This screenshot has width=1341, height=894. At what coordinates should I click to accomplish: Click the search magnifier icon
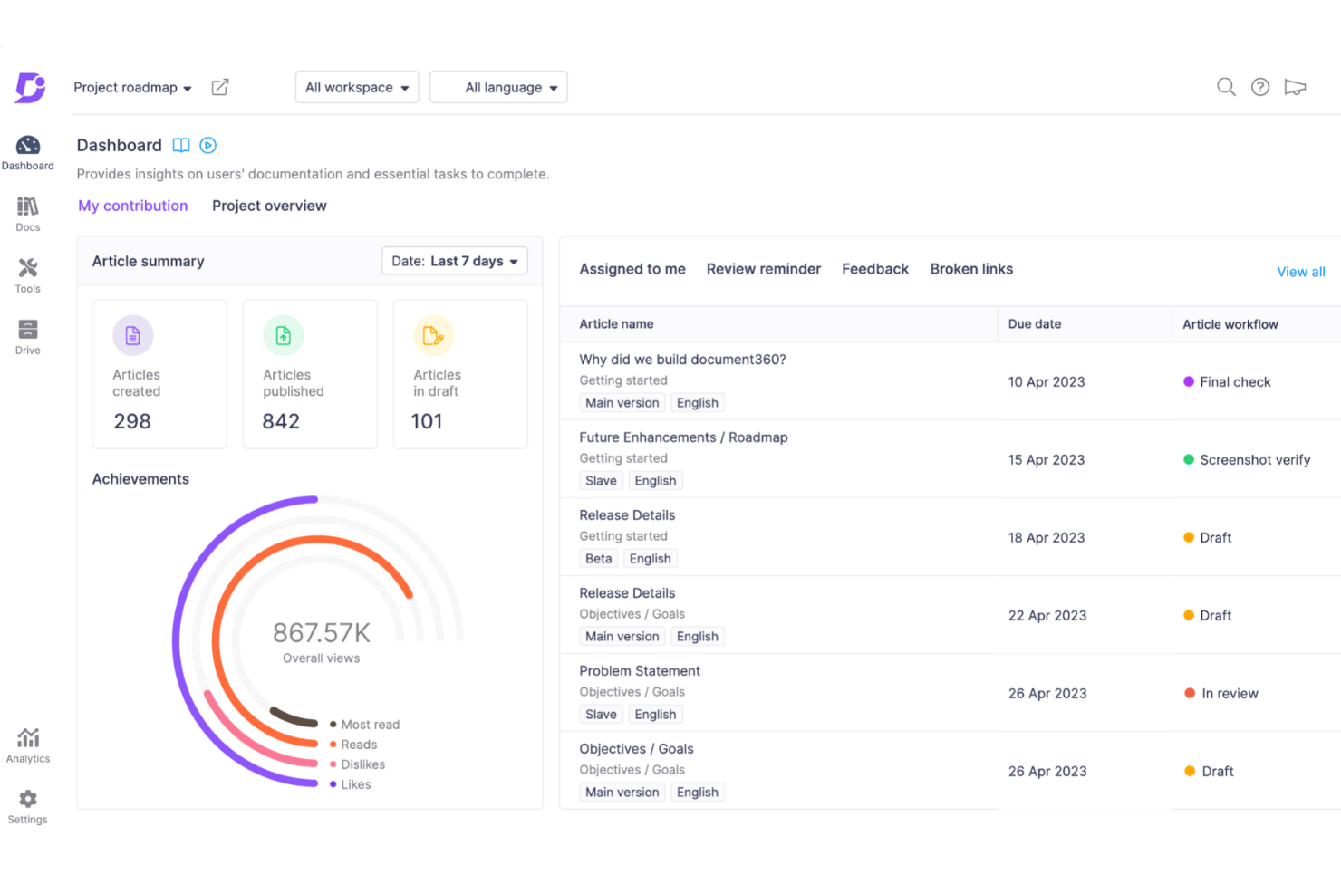coord(1226,87)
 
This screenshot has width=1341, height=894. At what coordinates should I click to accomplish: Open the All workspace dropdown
coord(357,88)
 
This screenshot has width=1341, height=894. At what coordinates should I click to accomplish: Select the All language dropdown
coord(498,88)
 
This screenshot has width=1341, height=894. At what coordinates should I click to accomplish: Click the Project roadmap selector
coord(132,88)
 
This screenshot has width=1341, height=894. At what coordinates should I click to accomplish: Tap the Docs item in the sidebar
coord(28,214)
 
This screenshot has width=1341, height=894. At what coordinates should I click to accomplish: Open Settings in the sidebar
coord(28,805)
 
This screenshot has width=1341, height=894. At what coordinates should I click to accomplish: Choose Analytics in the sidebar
coord(28,745)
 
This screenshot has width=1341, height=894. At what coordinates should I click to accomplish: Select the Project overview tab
coord(269,206)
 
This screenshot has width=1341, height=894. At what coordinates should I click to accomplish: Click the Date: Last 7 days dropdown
coord(454,261)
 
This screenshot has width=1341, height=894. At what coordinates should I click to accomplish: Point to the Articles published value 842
coord(281,421)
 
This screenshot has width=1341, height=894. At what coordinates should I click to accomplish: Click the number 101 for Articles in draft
coord(427,421)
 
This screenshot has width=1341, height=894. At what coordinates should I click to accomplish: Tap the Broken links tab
coord(971,269)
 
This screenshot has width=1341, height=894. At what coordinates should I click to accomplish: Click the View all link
coord(1300,272)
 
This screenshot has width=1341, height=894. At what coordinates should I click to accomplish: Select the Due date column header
coord(1035,324)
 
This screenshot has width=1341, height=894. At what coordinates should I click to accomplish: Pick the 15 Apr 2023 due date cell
coord(1047,460)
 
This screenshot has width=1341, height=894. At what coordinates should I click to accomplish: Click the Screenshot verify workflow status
coord(1254,460)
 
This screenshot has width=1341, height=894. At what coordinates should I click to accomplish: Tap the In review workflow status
coord(1229,694)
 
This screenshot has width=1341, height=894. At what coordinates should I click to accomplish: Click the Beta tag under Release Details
coord(599,559)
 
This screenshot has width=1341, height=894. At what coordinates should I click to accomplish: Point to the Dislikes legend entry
coord(362,764)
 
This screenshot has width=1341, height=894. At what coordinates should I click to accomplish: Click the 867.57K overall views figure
coord(322,632)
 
